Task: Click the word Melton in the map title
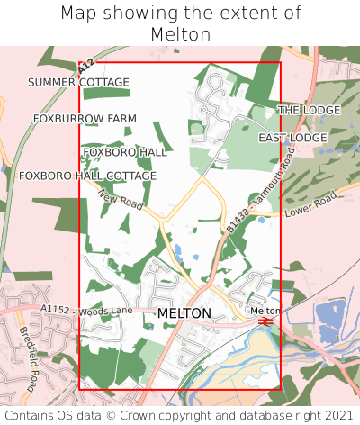coord(181,34)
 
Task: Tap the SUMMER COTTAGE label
coord(78,83)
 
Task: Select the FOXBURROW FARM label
coord(85,119)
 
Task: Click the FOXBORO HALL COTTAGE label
coord(87,176)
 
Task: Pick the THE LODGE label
coord(309,110)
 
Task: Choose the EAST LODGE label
coord(292,138)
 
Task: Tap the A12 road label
coord(85,67)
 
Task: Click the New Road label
coord(121,200)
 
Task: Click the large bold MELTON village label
coord(184,313)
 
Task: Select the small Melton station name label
coord(265,310)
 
